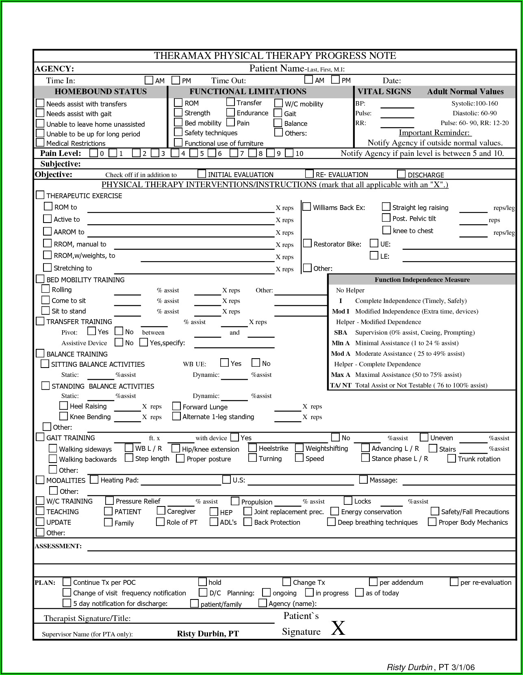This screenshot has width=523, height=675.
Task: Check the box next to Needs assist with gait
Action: point(40,113)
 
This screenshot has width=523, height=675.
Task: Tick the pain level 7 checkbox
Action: point(234,153)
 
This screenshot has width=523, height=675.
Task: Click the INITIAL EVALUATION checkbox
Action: point(202,174)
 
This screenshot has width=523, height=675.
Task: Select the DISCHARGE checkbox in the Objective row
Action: point(401,174)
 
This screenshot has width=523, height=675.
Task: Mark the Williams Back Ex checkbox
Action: point(307,207)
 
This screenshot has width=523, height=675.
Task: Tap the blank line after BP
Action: point(397,107)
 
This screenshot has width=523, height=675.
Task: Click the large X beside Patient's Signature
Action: point(338,628)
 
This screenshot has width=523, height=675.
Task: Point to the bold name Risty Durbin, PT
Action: point(208,634)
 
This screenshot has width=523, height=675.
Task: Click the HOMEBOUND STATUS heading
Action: point(100,92)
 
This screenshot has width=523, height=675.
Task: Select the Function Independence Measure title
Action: point(422,280)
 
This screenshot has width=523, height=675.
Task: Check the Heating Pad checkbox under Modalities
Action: point(94,480)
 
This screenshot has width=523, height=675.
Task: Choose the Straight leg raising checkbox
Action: point(386,207)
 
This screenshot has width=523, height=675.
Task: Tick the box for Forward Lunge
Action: point(176,406)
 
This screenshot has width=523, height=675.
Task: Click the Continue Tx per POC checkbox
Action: point(67,582)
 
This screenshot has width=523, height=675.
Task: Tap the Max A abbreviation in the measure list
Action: point(341,375)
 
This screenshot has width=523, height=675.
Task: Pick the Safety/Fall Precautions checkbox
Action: point(435,511)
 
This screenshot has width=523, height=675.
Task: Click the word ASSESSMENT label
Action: point(58,546)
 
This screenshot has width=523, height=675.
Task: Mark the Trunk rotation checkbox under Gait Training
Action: point(451,459)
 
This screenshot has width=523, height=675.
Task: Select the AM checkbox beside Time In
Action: point(149,80)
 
